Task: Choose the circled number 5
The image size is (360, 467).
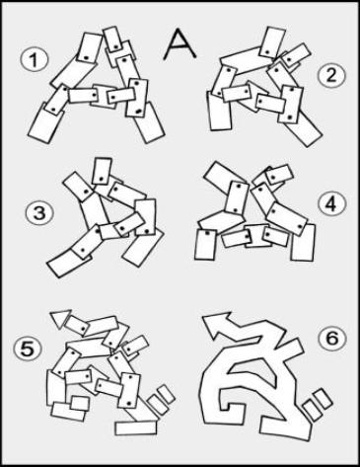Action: pos(27,348)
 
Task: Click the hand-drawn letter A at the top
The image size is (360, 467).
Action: pos(180,40)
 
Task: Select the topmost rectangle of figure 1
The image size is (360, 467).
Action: pos(92,48)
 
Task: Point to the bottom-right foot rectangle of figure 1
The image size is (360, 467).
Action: pos(151,124)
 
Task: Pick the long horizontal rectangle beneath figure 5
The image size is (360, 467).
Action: pos(136,428)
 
